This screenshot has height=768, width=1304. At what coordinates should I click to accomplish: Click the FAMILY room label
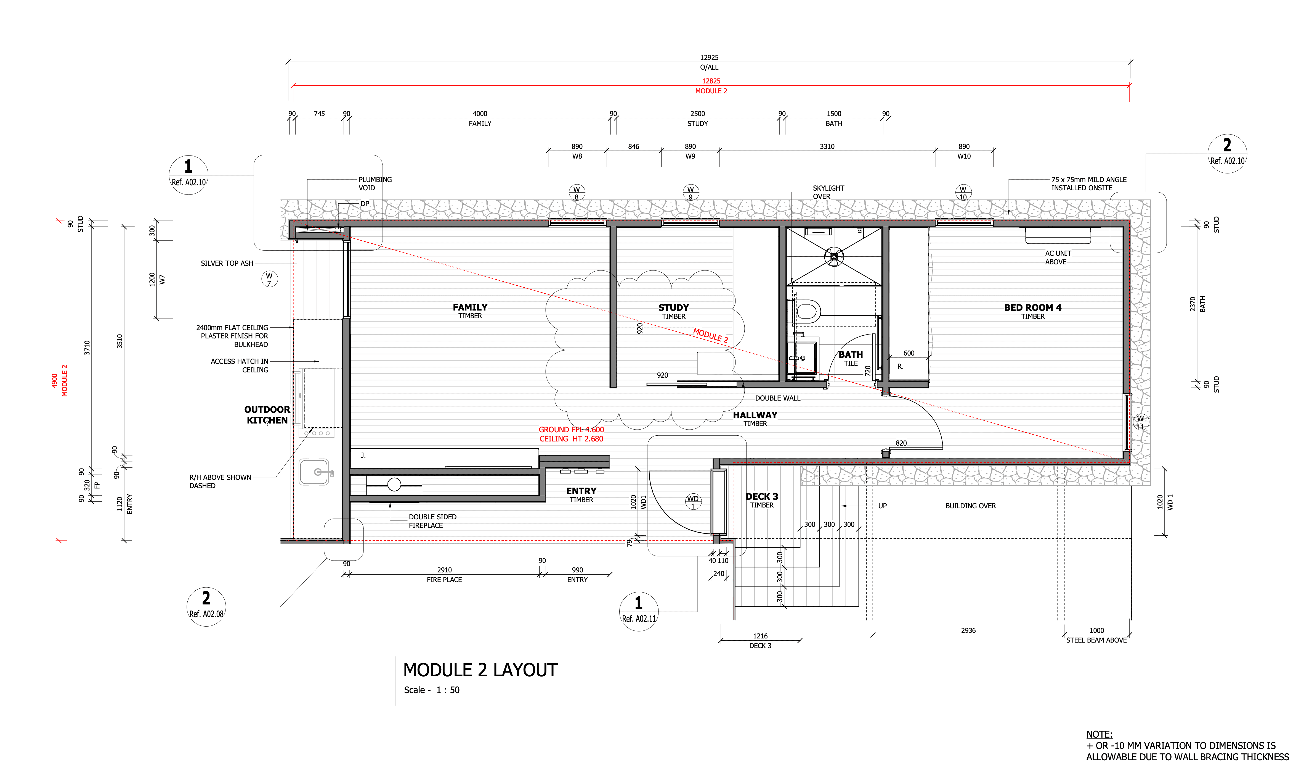coord(470,307)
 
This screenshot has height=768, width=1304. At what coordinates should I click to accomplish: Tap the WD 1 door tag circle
coord(693,501)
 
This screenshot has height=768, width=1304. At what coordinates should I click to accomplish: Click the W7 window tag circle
coord(269,279)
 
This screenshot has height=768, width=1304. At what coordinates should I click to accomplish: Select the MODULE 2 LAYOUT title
coord(480,670)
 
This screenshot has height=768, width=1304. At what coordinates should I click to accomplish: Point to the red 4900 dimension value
coord(54,381)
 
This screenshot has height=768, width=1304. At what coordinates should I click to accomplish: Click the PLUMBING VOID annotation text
coord(375,184)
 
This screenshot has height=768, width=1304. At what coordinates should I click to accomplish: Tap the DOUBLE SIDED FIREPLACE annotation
coord(433,521)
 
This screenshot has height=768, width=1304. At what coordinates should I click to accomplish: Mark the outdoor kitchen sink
coord(314,472)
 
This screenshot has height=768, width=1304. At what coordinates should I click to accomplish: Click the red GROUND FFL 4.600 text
coord(571,430)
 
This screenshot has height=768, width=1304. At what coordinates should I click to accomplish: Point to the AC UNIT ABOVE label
coord(1057,257)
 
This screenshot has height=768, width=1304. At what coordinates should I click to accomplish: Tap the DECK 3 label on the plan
coord(762,497)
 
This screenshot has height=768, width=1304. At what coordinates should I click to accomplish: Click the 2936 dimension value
coord(968,630)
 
